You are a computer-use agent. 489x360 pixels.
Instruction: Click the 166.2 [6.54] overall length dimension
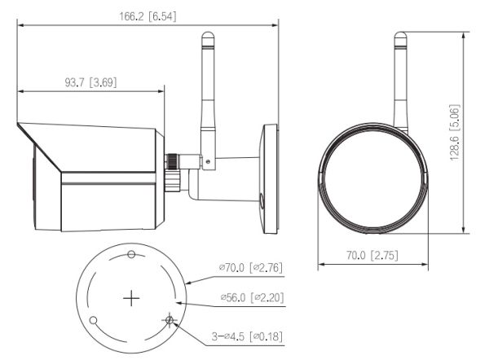pyautogui.click(x=148, y=16)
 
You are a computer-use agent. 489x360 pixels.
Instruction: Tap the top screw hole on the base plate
pyautogui.click(x=132, y=256)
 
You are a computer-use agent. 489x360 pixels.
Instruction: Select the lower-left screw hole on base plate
pyautogui.click(x=94, y=319)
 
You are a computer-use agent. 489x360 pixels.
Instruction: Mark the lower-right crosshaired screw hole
pyautogui.click(x=169, y=319)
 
